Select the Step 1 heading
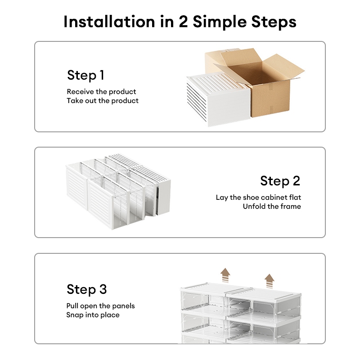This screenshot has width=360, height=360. pyautogui.click(x=85, y=75)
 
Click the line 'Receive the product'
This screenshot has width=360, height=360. pyautogui.click(x=101, y=92)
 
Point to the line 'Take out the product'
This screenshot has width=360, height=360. pyautogui.click(x=103, y=101)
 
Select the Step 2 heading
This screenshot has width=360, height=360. pyautogui.click(x=280, y=181)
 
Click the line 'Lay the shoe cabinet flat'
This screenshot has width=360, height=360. pyautogui.click(x=258, y=198)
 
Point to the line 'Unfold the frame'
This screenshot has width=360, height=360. pyautogui.click(x=272, y=207)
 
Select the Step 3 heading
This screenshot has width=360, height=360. pyautogui.click(x=87, y=289)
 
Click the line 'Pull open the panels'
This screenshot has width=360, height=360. pyautogui.click(x=100, y=306)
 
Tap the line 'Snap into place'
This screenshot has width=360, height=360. pyautogui.click(x=93, y=315)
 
